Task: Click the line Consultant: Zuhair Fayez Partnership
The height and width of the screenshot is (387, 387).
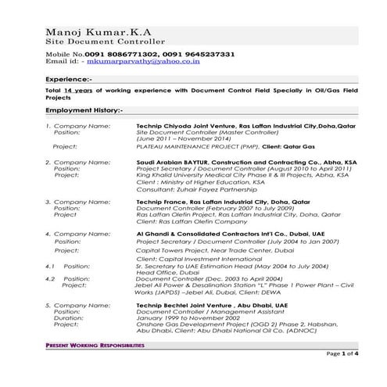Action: coord(185,190)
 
